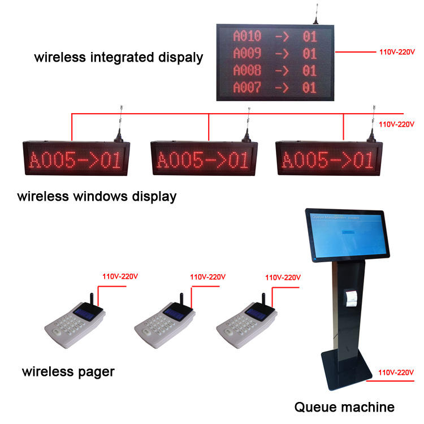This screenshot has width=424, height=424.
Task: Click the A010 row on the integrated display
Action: [275, 36]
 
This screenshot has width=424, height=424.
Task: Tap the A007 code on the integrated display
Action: [247, 88]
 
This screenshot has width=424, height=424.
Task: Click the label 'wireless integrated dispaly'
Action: [118, 57]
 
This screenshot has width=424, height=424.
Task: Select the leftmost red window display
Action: [75, 159]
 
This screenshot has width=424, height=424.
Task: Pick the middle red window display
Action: [202, 159]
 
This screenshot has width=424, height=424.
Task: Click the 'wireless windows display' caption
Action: [97, 197]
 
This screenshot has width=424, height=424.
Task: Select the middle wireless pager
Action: [165, 325]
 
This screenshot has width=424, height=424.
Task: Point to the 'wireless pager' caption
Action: [68, 371]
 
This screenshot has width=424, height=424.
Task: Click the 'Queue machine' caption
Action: [344, 406]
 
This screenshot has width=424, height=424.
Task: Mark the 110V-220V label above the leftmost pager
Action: [120, 277]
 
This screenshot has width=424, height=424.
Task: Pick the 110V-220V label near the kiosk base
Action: [396, 373]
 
